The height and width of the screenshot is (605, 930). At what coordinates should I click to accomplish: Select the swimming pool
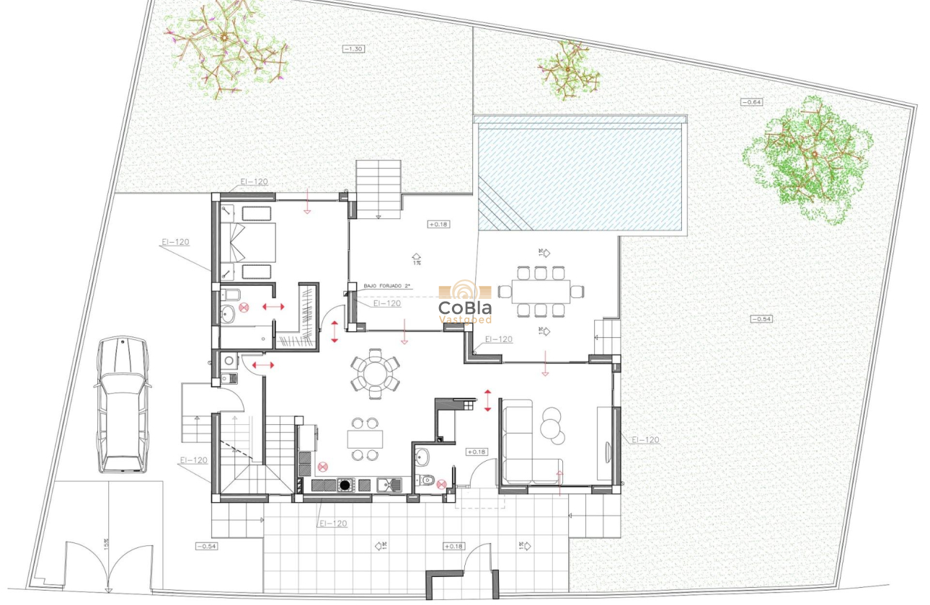pos(580,173)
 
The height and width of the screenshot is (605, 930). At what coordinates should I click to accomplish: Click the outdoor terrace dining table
pos(541,291)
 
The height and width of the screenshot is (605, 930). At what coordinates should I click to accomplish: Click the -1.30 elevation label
pos(353,48)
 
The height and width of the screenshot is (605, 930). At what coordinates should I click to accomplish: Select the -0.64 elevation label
pos(752,102)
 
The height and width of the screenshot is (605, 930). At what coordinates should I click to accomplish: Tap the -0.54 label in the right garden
pos(761,318)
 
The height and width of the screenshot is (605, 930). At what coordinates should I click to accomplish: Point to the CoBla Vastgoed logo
pos(465,302)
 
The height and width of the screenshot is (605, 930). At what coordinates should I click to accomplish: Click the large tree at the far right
pos(807,158)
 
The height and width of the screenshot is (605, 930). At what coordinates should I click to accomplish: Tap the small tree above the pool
pos(570,71)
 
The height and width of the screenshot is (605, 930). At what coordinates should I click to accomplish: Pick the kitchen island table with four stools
pos(365,439)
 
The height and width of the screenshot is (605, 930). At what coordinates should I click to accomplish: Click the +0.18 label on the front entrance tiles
pos(453,546)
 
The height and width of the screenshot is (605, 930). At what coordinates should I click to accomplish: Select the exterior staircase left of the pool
pos(378,189)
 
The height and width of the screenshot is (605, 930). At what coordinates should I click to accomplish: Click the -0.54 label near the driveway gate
pos(206,546)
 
